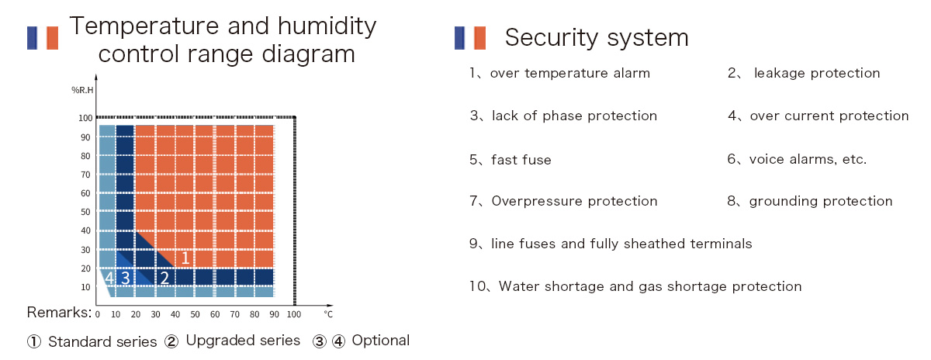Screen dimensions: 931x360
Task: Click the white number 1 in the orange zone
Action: click(x=185, y=258)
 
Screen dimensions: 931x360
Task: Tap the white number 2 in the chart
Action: click(x=164, y=278)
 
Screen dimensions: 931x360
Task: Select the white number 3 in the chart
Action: click(x=125, y=278)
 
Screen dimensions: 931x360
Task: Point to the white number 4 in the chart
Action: click(x=109, y=278)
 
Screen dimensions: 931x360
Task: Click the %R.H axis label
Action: click(x=82, y=90)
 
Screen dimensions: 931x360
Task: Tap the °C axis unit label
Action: click(x=328, y=314)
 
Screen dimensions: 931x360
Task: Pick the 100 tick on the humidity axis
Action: click(x=85, y=118)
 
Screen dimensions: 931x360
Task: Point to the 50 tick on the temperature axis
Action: click(x=195, y=314)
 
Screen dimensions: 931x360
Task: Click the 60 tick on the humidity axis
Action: click(x=85, y=193)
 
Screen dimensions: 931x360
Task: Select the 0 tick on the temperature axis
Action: click(x=97, y=314)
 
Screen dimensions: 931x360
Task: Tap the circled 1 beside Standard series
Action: click(x=34, y=341)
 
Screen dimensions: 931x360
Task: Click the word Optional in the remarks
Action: click(x=381, y=341)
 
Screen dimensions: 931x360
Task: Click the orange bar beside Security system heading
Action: click(x=479, y=38)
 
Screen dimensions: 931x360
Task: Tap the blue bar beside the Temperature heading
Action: click(x=32, y=38)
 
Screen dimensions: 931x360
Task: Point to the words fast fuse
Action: click(x=521, y=160)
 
